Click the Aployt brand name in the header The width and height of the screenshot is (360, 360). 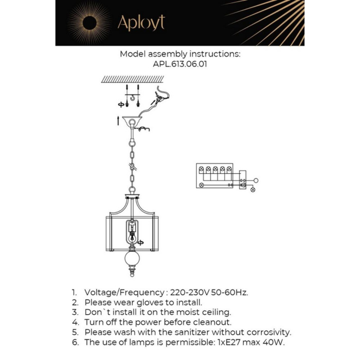tap(141, 23)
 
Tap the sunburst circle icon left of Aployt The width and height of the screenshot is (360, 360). tap(89, 23)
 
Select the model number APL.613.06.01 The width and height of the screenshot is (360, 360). tap(180, 65)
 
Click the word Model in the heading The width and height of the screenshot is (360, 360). tap(132, 53)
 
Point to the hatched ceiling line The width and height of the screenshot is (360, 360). tap(132, 79)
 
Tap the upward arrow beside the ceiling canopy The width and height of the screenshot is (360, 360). tap(119, 121)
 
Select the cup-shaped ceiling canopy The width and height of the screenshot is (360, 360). tap(132, 122)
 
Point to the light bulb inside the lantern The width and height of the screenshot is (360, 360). tap(132, 238)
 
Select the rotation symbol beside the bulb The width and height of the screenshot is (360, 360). tap(140, 242)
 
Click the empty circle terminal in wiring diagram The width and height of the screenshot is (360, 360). tap(256, 181)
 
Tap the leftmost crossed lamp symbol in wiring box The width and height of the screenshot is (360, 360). tap(202, 184)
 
